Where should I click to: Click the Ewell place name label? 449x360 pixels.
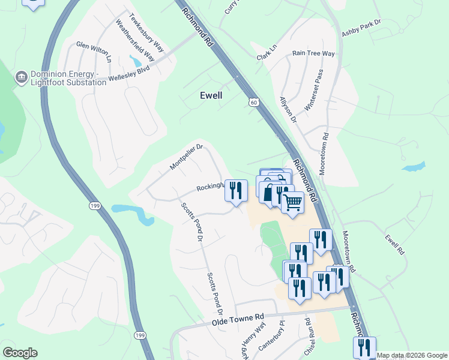tap(211, 95)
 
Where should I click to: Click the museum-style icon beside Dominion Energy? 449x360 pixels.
tap(21, 77)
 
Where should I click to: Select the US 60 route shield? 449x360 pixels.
tap(255, 103)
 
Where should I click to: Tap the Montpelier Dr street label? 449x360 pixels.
tap(187, 156)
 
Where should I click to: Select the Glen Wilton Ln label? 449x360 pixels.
tap(94, 52)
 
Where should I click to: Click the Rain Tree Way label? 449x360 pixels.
tap(313, 53)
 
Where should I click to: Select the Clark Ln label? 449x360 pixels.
tap(267, 52)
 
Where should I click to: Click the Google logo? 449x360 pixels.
tap(20, 353)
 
